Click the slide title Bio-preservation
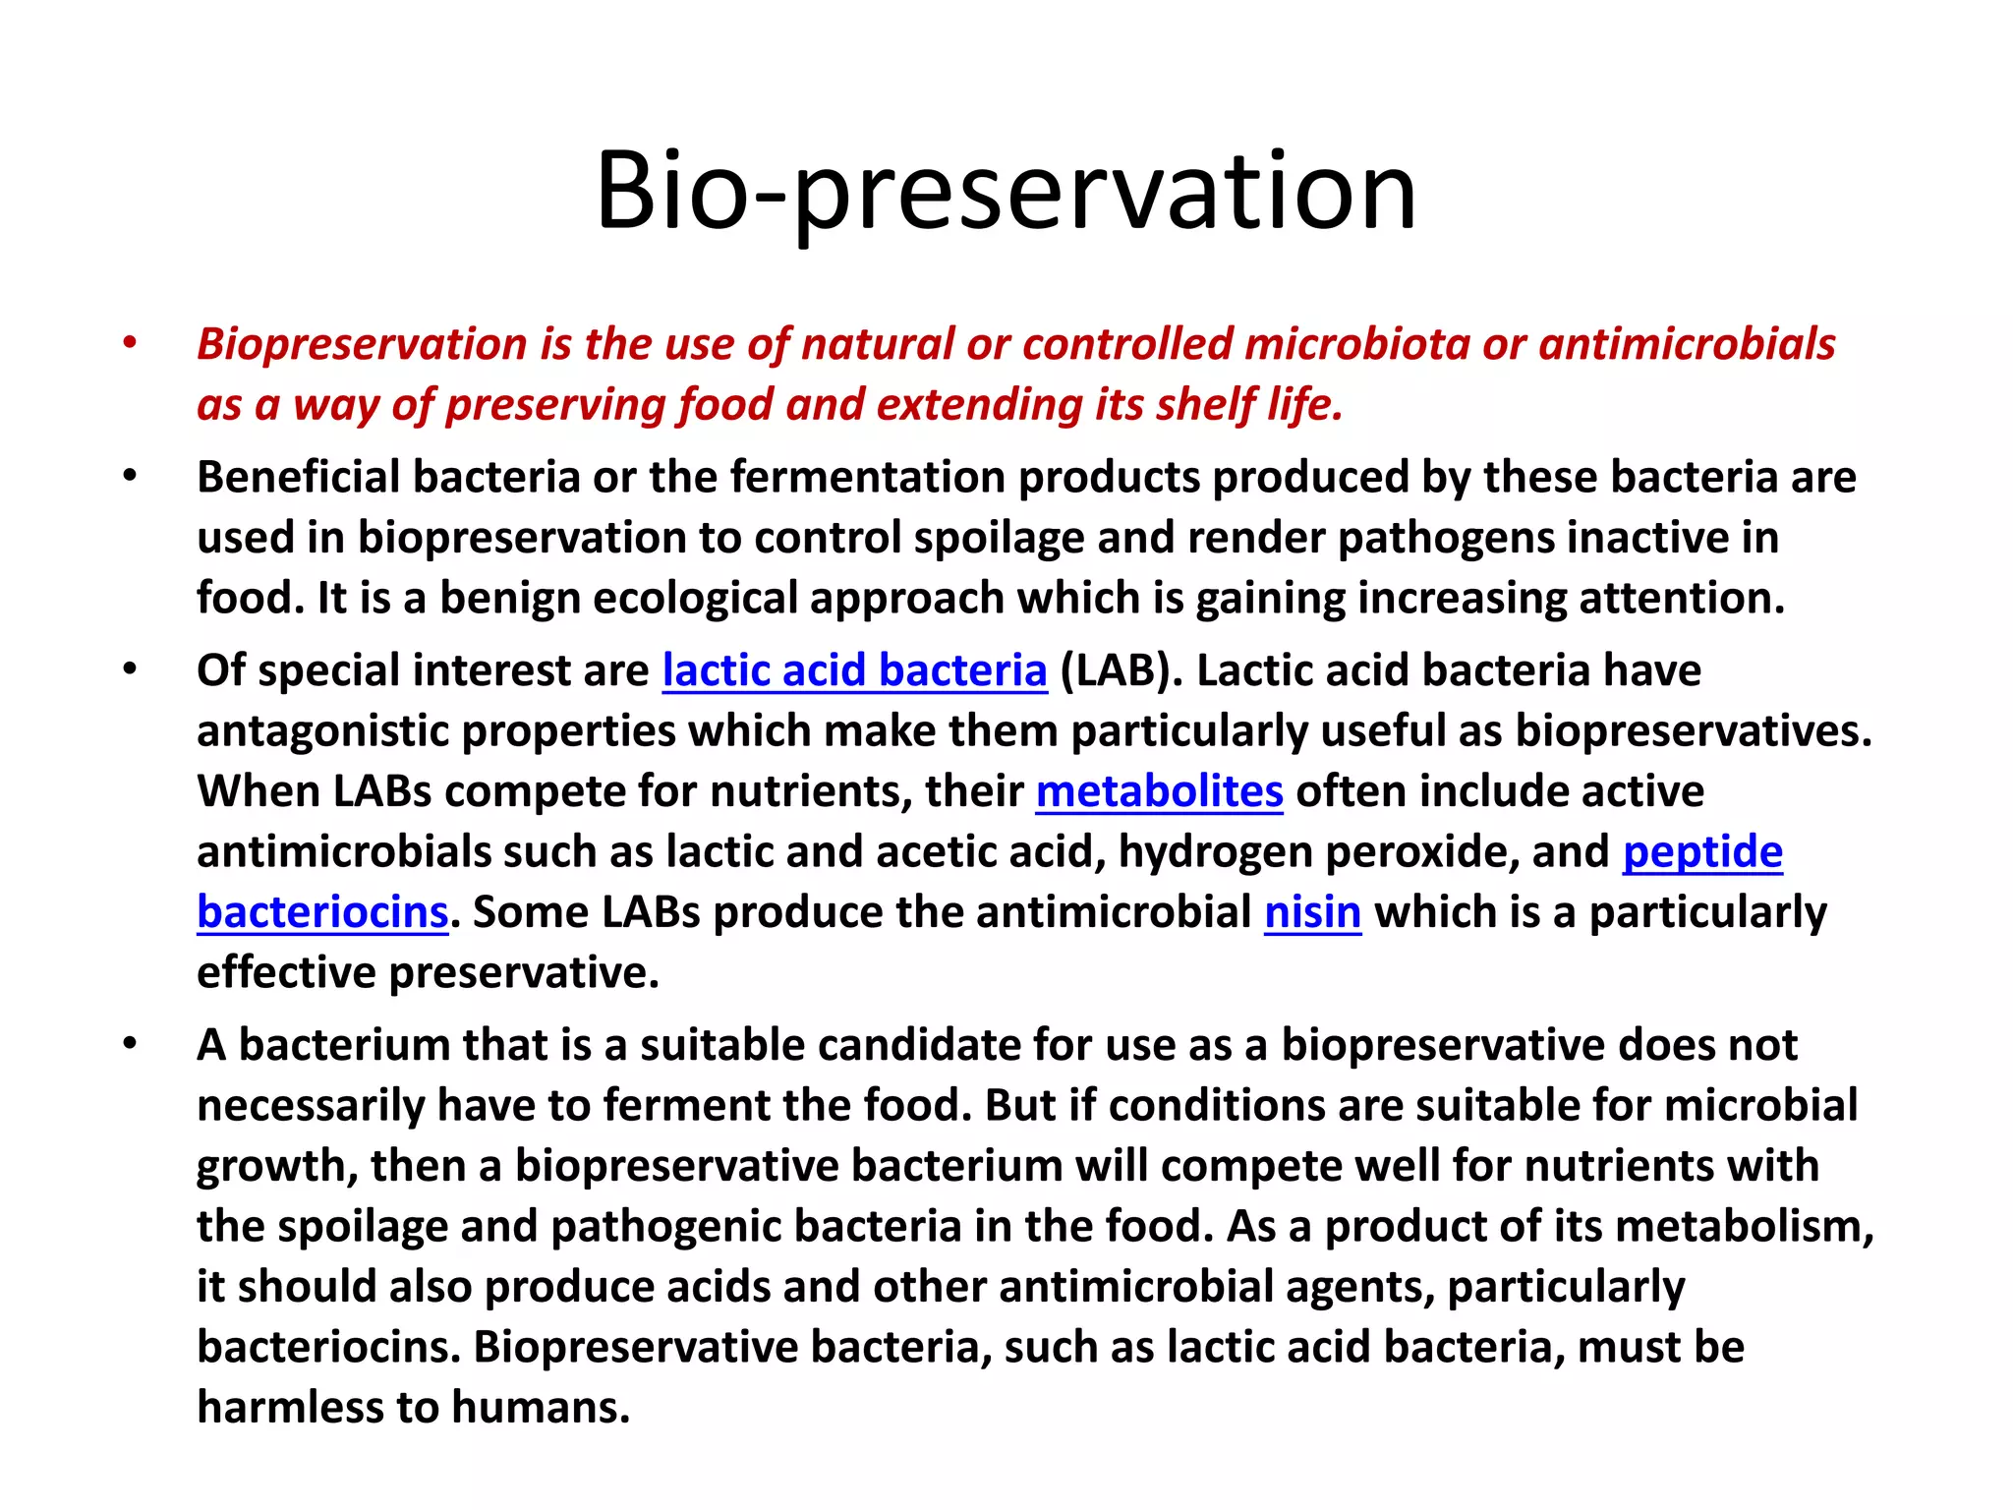click(x=1006, y=192)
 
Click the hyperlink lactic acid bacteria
click(x=854, y=671)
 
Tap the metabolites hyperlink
click(x=1159, y=792)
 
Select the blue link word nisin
click(x=1312, y=913)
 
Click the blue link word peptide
click(x=1701, y=852)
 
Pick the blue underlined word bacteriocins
click(x=322, y=913)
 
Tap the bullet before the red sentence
click(x=129, y=344)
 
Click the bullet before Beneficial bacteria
click(x=129, y=477)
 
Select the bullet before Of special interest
click(x=129, y=670)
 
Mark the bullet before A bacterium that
click(x=129, y=1044)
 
